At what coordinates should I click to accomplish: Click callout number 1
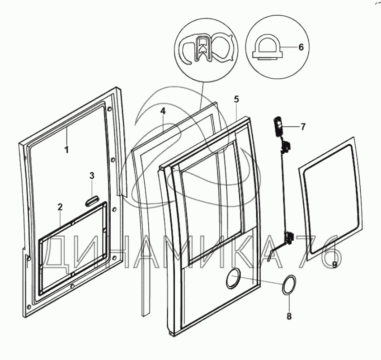66,149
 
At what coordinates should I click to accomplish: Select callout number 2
60,207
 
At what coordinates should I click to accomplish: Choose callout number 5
236,99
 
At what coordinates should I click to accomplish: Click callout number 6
301,47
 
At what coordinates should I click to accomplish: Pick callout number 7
302,127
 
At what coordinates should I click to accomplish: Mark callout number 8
289,316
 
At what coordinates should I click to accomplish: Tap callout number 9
334,264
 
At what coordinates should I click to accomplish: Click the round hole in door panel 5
234,277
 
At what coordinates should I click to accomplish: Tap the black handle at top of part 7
278,125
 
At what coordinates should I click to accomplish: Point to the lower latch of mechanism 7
288,238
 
